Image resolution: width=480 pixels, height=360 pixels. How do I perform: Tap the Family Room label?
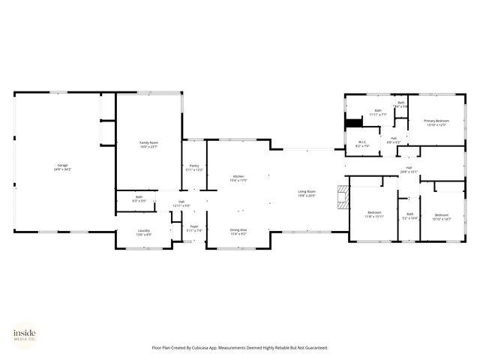148,144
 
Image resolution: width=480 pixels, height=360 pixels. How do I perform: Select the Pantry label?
194,168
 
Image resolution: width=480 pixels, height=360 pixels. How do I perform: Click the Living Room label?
307,193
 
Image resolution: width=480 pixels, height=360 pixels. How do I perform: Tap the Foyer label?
194,228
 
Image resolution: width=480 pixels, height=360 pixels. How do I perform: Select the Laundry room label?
144,232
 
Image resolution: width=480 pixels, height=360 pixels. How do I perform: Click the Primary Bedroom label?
436,122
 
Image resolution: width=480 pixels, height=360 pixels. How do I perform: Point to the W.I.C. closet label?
361,144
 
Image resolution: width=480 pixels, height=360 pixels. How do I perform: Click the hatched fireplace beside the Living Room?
343,197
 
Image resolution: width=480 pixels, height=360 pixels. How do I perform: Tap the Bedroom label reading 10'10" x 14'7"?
442,217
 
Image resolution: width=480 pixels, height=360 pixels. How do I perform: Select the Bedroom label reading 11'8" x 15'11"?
374,214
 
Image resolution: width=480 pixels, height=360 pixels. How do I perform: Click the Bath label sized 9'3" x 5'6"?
139,199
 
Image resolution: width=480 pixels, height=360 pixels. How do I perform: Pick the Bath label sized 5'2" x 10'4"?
409,216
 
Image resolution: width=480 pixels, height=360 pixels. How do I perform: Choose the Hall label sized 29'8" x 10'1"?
409,169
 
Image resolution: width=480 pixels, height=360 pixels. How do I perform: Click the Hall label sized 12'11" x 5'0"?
181,203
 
